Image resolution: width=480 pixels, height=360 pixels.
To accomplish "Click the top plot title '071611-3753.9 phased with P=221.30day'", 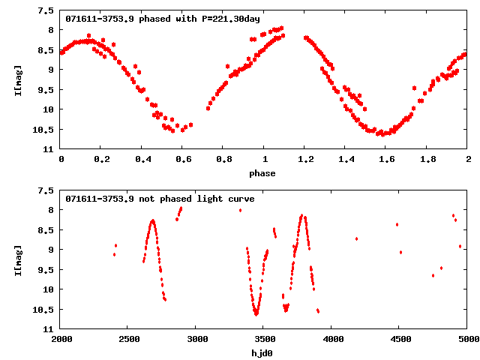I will [163, 18].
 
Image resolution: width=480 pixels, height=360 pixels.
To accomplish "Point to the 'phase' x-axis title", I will [262, 173].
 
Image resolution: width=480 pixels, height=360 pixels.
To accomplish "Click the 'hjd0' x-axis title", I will [262, 353].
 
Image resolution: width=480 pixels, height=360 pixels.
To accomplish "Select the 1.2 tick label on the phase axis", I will [305, 159].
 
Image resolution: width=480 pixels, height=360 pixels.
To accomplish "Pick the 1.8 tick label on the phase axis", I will [427, 159].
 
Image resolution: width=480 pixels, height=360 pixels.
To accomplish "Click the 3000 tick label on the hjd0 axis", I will [196, 339].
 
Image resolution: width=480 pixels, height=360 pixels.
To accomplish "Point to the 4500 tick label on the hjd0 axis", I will [400, 339].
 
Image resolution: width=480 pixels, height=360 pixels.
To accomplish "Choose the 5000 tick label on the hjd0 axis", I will [467, 339].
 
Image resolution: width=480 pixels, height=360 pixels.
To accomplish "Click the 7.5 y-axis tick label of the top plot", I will [46, 11].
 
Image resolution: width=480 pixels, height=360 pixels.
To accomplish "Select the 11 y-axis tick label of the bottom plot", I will [49, 329].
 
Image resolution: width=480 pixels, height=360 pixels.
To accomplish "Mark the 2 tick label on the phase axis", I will [467, 159].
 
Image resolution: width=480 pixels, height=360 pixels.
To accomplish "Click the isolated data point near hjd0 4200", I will [356, 238].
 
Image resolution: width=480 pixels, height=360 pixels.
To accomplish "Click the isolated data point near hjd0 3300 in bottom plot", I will [240, 210].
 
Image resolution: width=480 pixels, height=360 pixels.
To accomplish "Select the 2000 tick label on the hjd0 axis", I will [61, 339].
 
